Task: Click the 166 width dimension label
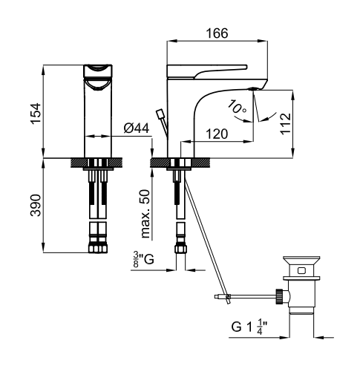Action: (x=217, y=33)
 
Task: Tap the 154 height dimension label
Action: (x=36, y=113)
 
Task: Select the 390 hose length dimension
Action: (x=36, y=205)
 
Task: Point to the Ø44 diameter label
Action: (x=137, y=128)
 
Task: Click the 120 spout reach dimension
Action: (x=217, y=134)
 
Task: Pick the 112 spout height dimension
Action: (x=286, y=124)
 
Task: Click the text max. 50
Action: (x=145, y=214)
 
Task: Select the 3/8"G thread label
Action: (x=143, y=260)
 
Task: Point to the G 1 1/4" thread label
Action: (x=249, y=327)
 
